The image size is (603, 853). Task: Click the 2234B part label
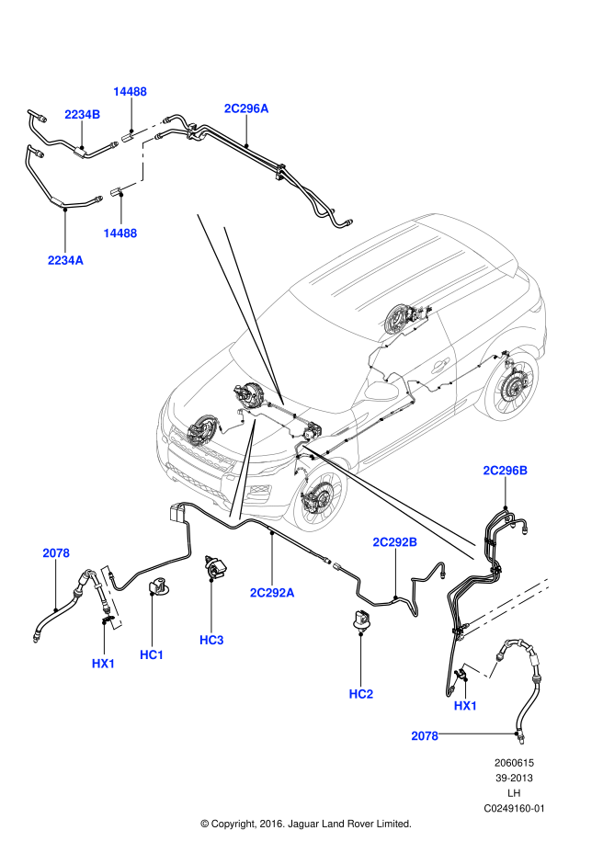coord(83,115)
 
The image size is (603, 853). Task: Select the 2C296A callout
coord(246,108)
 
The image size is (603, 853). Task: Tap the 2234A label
coord(65,261)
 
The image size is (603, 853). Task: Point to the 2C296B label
coord(506,471)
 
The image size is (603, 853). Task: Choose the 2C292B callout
coord(395,542)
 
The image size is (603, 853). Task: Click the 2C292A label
coord(272,593)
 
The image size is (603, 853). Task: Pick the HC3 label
coord(211,640)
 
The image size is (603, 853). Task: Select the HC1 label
coord(152,654)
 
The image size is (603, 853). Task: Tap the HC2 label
coord(361,694)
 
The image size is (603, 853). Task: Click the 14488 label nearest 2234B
coord(130,92)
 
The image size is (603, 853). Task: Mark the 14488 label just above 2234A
coord(120,233)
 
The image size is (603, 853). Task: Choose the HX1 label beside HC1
coord(104,664)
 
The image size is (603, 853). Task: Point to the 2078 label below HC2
coord(425,736)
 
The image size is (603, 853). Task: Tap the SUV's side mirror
coord(381,392)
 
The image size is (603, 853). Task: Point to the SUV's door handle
coord(440,367)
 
